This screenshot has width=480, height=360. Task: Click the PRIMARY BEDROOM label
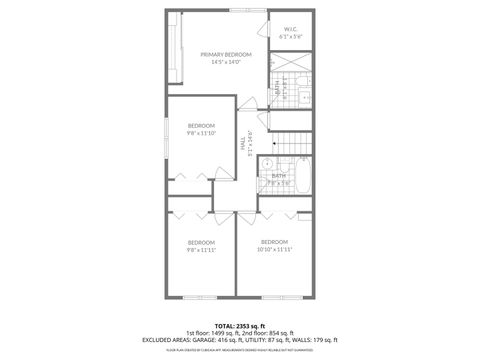point(225,54)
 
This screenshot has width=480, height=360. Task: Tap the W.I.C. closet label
point(290,28)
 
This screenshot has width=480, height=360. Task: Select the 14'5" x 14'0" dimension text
point(225,62)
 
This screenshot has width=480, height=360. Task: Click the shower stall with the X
point(290,59)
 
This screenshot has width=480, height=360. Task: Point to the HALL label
point(243,145)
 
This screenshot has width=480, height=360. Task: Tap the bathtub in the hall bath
point(303,179)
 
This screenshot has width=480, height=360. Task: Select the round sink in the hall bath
point(268,162)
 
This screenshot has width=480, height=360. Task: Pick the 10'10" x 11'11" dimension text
point(274,249)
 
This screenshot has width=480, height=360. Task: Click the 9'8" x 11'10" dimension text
point(201,132)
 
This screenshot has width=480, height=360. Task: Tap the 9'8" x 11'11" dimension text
point(201,250)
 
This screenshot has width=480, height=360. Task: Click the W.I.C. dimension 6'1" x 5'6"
point(290,36)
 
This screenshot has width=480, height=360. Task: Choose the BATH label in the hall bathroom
point(278,175)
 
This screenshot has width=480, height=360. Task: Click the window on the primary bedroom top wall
point(240,11)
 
